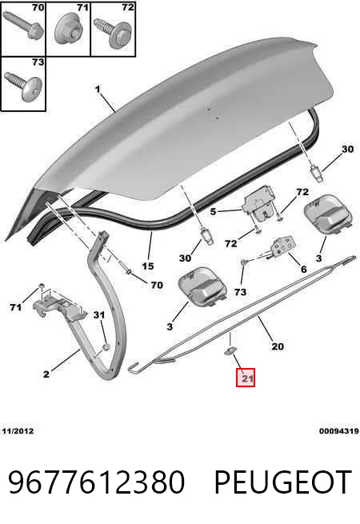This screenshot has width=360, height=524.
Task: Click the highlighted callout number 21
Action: pos(246,378)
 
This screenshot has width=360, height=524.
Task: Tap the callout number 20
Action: pos(278,346)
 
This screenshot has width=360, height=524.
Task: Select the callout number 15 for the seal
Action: pos(148,266)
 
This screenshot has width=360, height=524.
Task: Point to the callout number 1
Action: pos(98,90)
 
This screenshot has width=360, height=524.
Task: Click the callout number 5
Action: pos(214,211)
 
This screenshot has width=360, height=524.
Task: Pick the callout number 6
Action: pos(303,269)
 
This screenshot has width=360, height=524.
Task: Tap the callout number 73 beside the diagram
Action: pos(240,292)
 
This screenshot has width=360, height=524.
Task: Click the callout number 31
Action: pos(99,315)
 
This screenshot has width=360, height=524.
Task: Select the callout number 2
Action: pos(46,374)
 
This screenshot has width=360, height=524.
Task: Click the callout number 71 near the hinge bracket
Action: pos(16,306)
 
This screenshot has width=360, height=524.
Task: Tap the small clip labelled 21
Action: pos(230,351)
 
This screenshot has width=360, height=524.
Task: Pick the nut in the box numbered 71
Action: pos(69,30)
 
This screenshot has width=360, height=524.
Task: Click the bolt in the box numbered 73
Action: pos(22,86)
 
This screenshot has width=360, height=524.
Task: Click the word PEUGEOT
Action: pos(282,482)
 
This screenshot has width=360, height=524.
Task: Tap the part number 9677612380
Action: pos(96,482)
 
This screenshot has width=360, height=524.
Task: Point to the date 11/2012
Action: pos(18,431)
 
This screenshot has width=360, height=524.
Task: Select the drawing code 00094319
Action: pos(339,431)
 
